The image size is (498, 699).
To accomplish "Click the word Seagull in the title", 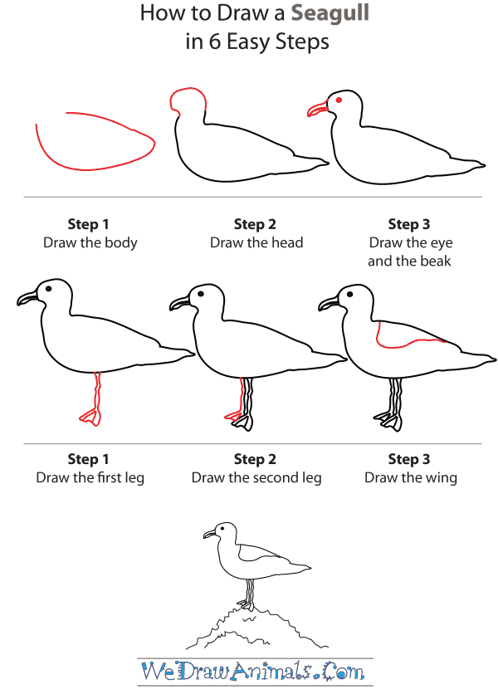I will coord(330,13).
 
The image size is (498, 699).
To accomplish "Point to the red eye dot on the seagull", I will coord(339,100).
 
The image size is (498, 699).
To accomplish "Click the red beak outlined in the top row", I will coord(317,109).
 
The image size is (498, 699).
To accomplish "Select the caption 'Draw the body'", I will coord(90,243).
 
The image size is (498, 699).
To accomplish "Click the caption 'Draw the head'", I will coord(256,243).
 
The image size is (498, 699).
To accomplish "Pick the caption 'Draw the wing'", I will coord(410,478).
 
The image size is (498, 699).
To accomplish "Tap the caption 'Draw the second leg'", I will coord(256,478).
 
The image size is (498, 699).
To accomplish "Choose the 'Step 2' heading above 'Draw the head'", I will coord(255,224).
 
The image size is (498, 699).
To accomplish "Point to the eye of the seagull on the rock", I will coord(221,528).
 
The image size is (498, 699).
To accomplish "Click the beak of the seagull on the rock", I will coord(208,535).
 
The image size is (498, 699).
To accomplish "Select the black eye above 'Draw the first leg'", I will coord(49,289).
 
